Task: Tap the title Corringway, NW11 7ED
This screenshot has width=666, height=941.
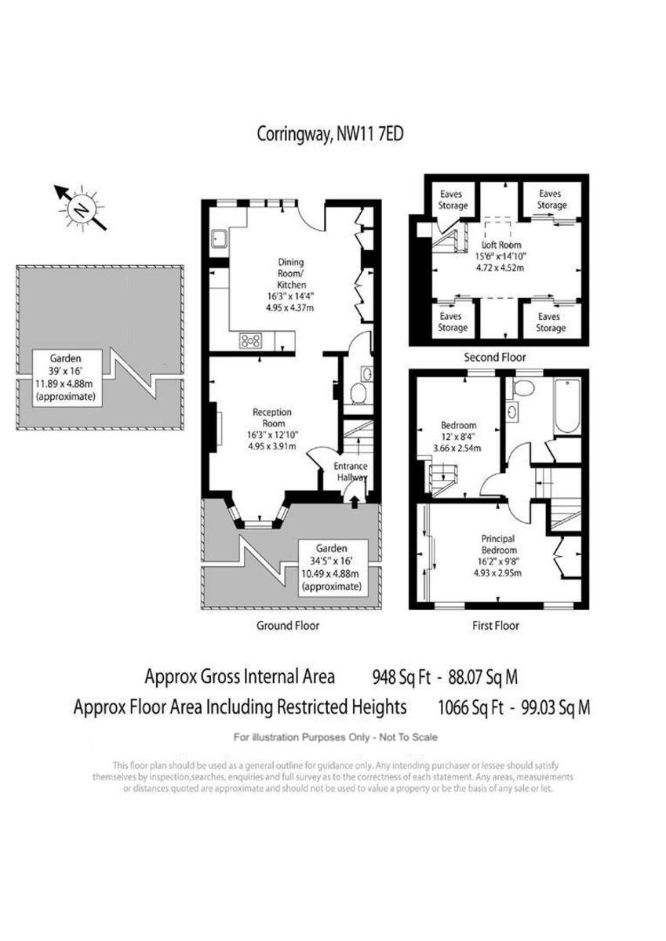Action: (x=330, y=134)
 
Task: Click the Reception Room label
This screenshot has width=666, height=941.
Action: (x=272, y=417)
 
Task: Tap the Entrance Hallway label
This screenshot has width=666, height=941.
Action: (x=351, y=471)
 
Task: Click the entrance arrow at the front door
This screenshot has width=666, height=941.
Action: (x=355, y=501)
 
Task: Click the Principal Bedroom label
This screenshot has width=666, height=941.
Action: (x=497, y=544)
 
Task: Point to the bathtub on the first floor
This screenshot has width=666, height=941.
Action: (x=566, y=405)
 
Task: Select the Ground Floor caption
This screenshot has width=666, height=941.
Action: (x=288, y=626)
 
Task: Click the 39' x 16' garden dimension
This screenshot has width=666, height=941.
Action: (x=65, y=369)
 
